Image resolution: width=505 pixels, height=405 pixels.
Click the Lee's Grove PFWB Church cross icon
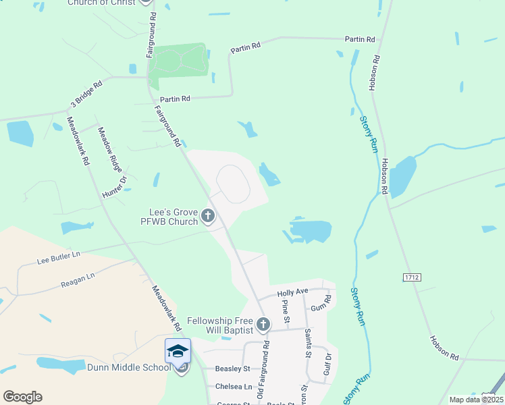[208, 217]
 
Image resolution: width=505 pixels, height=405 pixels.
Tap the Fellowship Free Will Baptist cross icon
[263, 325]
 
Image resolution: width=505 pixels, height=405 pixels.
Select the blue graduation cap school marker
[178, 351]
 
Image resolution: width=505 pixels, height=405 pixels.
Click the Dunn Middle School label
[129, 367]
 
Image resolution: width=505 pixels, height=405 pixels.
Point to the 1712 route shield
[411, 277]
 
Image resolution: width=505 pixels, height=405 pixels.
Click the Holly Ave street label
[292, 292]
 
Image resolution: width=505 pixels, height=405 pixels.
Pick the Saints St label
[308, 344]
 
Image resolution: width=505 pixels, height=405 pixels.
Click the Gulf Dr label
[328, 364]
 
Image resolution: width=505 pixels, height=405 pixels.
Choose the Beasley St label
[232, 369]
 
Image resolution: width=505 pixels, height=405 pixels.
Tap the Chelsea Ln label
[233, 387]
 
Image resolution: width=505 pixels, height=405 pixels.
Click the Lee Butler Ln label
[58, 256]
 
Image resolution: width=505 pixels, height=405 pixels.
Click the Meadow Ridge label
[110, 148]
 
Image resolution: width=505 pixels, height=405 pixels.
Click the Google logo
[22, 397]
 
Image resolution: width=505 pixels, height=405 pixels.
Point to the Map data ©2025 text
[475, 400]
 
